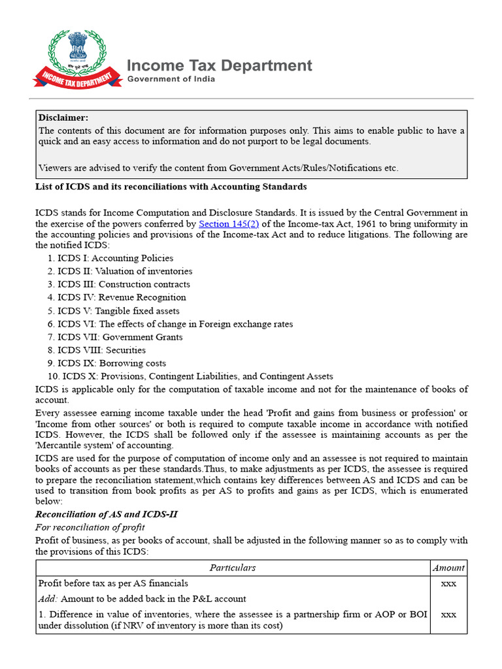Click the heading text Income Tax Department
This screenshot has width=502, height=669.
(219, 65)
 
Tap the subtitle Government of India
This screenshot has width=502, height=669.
(171, 79)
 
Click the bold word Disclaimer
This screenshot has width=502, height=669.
(63, 118)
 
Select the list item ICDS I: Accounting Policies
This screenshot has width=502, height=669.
(115, 258)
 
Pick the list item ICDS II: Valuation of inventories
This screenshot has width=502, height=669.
(124, 271)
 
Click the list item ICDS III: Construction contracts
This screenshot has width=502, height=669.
(124, 284)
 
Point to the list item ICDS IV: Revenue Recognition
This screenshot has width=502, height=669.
(122, 297)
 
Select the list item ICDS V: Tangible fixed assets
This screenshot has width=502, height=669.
(118, 311)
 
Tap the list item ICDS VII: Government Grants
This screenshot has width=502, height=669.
(120, 337)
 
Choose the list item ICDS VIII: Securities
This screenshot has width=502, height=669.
(101, 350)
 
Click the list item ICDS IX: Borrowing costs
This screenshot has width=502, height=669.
(112, 363)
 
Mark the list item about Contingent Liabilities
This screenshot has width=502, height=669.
(197, 376)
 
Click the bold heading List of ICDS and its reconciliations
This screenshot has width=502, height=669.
(171, 187)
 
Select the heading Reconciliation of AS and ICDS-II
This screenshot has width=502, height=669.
(106, 514)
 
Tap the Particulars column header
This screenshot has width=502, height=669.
(233, 568)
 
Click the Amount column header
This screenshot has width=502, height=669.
(448, 568)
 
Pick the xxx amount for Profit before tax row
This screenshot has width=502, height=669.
(448, 583)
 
